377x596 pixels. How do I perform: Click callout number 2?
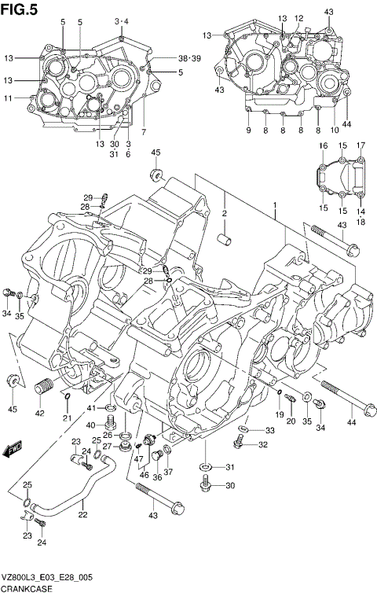point(223,213)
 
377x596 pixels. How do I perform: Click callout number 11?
point(9,98)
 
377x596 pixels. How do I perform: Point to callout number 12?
point(298,18)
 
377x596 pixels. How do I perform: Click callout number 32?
point(262,445)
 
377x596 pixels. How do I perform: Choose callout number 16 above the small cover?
point(322,146)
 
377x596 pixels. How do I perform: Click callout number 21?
point(67,417)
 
